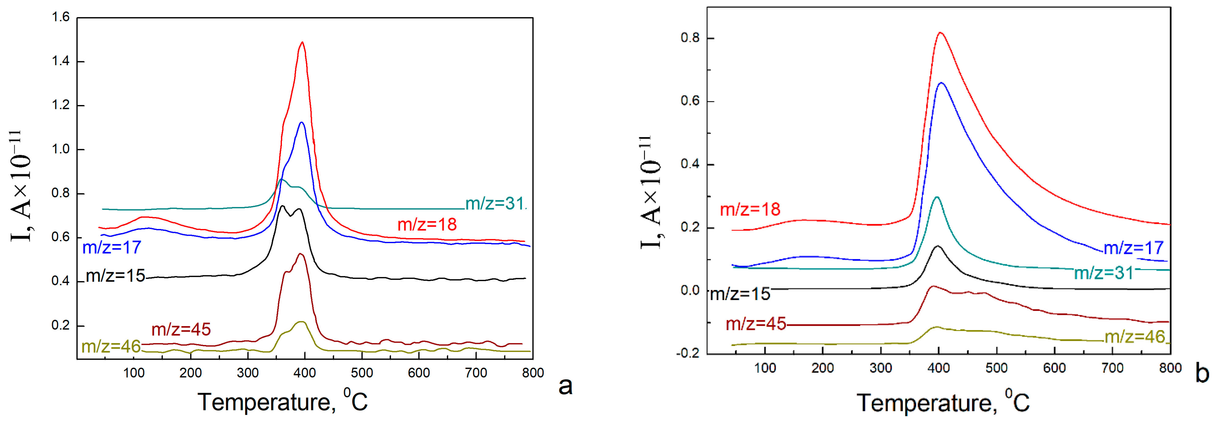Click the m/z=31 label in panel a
tap(495, 204)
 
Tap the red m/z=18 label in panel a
tap(427, 224)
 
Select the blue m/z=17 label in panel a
tap(112, 247)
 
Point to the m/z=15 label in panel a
tap(115, 275)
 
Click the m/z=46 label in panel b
tap(1135, 336)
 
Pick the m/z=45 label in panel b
tap(756, 324)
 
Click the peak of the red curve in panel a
tap(302, 43)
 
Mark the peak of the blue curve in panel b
tap(941, 83)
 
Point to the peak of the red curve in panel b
tap(940, 32)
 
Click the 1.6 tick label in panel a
tap(60, 17)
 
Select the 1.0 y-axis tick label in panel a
tap(60, 149)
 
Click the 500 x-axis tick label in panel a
tap(362, 373)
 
